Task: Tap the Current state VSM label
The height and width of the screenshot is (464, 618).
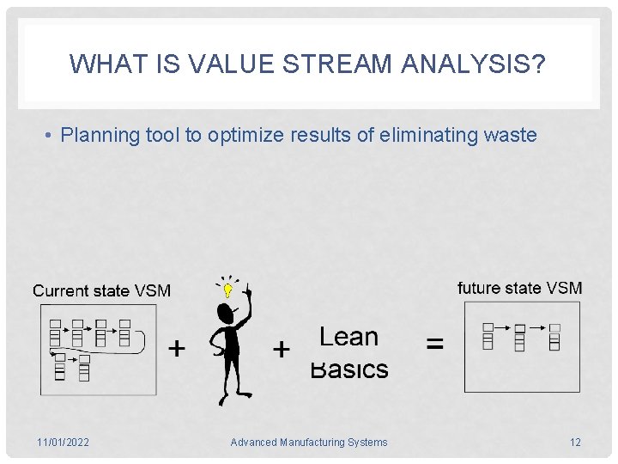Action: (x=101, y=290)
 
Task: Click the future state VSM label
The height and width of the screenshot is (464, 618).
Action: (x=519, y=288)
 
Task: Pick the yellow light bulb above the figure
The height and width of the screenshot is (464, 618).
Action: (x=227, y=290)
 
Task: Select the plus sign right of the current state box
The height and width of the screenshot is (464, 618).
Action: (x=176, y=348)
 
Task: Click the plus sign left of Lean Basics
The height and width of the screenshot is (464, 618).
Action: (x=281, y=349)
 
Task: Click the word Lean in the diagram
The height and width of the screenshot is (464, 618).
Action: (x=348, y=337)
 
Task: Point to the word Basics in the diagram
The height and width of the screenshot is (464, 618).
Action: (x=348, y=369)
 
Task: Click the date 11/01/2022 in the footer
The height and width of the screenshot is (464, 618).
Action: (x=63, y=443)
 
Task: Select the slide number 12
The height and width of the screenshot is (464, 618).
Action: (x=575, y=443)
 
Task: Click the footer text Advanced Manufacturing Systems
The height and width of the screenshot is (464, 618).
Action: (x=309, y=443)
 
